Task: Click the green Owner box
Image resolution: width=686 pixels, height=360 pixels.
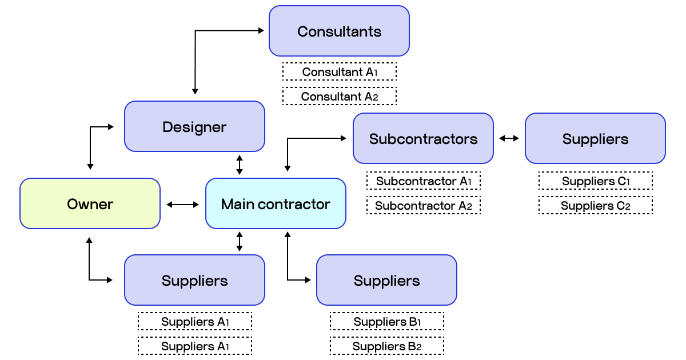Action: pyautogui.click(x=90, y=204)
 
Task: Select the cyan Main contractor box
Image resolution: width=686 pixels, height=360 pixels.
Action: pyautogui.click(x=276, y=204)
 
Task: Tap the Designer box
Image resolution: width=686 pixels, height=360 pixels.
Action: pyautogui.click(x=194, y=127)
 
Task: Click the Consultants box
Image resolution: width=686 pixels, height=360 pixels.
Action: pyautogui.click(x=339, y=31)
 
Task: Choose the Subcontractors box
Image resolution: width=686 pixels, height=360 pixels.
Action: pyautogui.click(x=423, y=139)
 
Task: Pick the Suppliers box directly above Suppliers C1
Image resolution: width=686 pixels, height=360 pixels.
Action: pyautogui.click(x=595, y=139)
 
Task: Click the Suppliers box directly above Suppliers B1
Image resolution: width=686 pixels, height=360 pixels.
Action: pyautogui.click(x=386, y=281)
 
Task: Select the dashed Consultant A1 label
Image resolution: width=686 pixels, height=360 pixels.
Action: pyautogui.click(x=339, y=72)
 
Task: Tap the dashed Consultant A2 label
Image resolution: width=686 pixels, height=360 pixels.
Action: pyautogui.click(x=339, y=97)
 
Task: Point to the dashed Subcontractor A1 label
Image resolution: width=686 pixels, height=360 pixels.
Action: pyautogui.click(x=423, y=181)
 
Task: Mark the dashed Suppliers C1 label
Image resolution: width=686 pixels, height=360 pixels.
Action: pyautogui.click(x=595, y=181)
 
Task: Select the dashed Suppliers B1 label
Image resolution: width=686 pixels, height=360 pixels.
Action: pyautogui.click(x=386, y=322)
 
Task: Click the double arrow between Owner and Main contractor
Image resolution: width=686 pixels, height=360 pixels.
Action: pyautogui.click(x=183, y=204)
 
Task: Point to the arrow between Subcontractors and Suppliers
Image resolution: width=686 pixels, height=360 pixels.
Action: pyautogui.click(x=509, y=138)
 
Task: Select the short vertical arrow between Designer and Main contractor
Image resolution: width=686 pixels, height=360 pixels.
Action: pyautogui.click(x=240, y=165)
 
